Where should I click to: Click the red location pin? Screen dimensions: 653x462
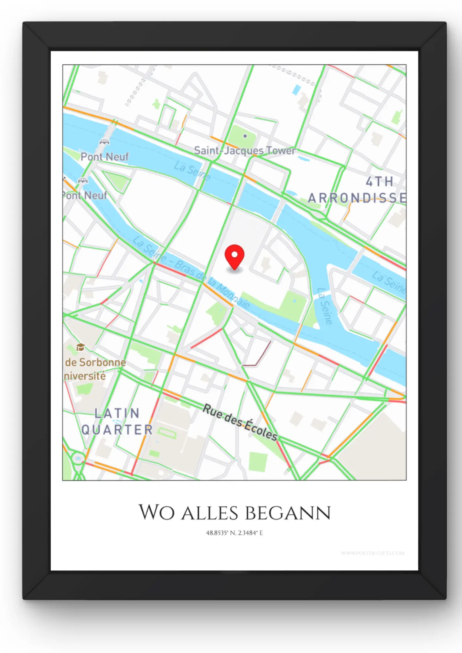(x=235, y=256)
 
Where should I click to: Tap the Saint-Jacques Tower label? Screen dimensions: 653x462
(x=245, y=151)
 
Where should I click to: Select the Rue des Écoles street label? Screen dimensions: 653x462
(x=240, y=422)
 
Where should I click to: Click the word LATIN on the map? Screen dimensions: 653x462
(x=117, y=413)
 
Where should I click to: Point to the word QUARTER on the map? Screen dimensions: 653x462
(x=117, y=430)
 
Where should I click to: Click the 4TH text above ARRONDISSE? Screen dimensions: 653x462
(x=379, y=182)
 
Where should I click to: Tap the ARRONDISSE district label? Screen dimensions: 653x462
(x=357, y=198)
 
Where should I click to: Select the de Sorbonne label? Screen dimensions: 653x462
(x=95, y=362)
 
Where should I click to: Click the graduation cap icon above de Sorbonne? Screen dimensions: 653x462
(x=80, y=347)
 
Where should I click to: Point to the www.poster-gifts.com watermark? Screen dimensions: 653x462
(x=372, y=553)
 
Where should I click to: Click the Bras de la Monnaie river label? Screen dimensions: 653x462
(x=212, y=284)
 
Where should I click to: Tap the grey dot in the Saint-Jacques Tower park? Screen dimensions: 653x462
(x=245, y=136)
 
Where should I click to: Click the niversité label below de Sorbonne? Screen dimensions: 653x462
(x=85, y=376)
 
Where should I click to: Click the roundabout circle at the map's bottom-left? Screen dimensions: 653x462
(x=78, y=458)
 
